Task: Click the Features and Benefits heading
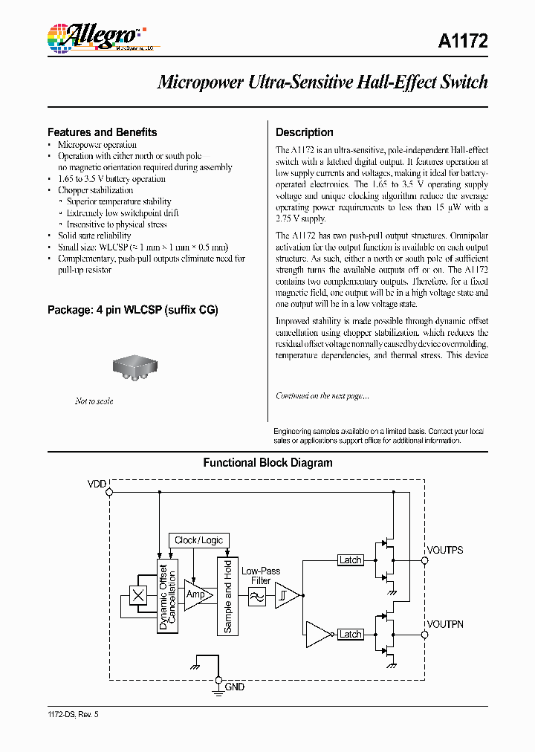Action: pos(102,132)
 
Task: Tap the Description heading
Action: pos(304,132)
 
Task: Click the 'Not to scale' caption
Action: pos(94,401)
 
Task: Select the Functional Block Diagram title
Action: pos(267,463)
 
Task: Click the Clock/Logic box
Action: pos(198,540)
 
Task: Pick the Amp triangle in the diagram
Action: pos(197,595)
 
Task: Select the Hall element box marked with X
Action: pos(137,595)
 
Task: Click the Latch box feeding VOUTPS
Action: pos(350,560)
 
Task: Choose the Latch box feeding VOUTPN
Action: pos(350,635)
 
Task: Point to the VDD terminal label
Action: pos(97,484)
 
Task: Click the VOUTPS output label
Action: pos(445,550)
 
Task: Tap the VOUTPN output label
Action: pos(445,624)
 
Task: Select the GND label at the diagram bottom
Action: pos(234,688)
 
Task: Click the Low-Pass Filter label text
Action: pos(261,576)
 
